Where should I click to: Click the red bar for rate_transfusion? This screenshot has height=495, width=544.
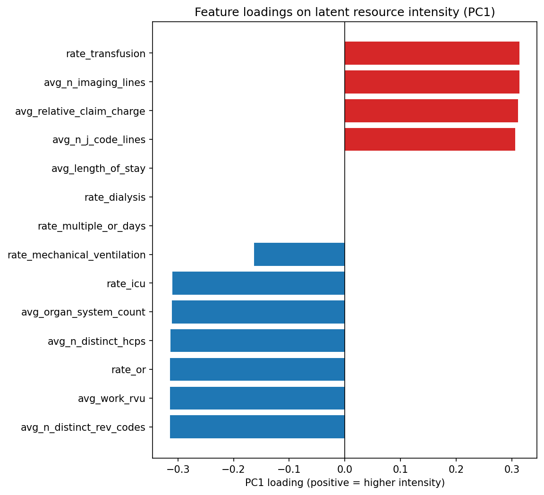(432, 53)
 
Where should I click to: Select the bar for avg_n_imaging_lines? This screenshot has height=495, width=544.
(432, 82)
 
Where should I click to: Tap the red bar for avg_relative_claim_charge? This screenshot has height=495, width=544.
(431, 111)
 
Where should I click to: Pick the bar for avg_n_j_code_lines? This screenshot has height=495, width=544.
(430, 139)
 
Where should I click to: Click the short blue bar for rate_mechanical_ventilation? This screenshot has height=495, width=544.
(299, 255)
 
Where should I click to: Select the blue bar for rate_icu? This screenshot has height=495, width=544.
(258, 283)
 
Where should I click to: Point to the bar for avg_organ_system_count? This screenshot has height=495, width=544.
(258, 312)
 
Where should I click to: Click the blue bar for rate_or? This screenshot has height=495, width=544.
(257, 369)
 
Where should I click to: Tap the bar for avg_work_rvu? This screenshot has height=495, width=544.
(257, 398)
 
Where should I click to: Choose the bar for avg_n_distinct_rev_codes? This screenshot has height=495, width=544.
(257, 427)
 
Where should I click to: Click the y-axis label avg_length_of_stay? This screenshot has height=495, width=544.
(98, 169)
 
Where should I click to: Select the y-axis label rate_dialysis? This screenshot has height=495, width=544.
(115, 197)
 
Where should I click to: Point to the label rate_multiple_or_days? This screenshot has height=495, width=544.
(92, 226)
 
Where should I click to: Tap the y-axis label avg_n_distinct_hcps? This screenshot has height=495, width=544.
(96, 341)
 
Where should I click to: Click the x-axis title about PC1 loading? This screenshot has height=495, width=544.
(345, 483)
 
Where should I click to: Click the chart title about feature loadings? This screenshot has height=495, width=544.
(345, 12)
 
